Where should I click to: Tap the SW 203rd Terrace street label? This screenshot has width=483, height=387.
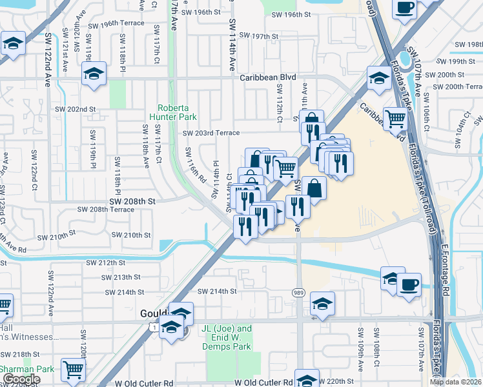(x=211, y=133)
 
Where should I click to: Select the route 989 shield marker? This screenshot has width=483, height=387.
(x=299, y=292)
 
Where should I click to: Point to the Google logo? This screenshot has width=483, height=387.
(x=21, y=379)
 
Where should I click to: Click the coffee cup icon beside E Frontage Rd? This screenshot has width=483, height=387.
(x=409, y=284)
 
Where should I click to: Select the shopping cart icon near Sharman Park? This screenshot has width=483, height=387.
(x=74, y=369)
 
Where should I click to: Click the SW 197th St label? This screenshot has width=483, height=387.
(x=258, y=35)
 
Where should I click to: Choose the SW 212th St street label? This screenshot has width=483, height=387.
(x=106, y=263)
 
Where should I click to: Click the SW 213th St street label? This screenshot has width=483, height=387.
(x=121, y=277)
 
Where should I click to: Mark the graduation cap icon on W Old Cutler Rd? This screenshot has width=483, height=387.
(x=307, y=378)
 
